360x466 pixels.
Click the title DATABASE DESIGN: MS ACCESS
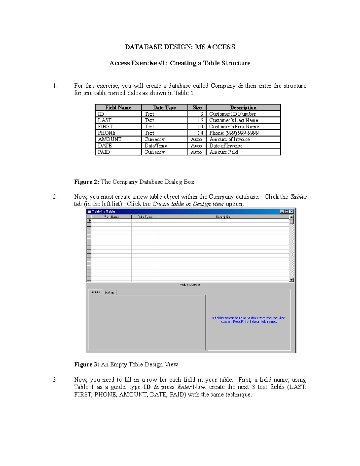pyautogui.click(x=180, y=47)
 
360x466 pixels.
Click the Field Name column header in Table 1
pyautogui.click(x=118, y=107)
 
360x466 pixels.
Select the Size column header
pyautogui.click(x=197, y=107)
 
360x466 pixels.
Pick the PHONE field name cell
pyautogui.click(x=107, y=133)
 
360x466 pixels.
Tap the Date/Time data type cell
pyautogui.click(x=156, y=146)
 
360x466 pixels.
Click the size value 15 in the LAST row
pyautogui.click(x=200, y=120)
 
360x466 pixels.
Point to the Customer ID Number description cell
pyautogui.click(x=232, y=114)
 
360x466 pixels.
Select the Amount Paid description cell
pyautogui.click(x=223, y=152)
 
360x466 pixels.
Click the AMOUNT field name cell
pyautogui.click(x=110, y=140)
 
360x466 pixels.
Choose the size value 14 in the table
pyautogui.click(x=200, y=133)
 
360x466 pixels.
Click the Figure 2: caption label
pyautogui.click(x=87, y=182)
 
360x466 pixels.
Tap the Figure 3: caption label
pyautogui.click(x=87, y=365)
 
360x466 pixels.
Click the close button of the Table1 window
pyautogui.click(x=291, y=212)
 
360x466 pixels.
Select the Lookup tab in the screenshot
pyautogui.click(x=109, y=292)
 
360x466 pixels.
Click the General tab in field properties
pyautogui.click(x=95, y=292)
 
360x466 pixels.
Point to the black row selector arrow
pyautogui.click(x=89, y=221)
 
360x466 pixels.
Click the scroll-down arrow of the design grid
pyautogui.click(x=291, y=280)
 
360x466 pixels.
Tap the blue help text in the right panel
pyautogui.click(x=249, y=320)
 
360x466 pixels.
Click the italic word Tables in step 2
pyautogui.click(x=298, y=197)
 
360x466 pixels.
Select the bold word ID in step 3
pyautogui.click(x=147, y=387)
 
